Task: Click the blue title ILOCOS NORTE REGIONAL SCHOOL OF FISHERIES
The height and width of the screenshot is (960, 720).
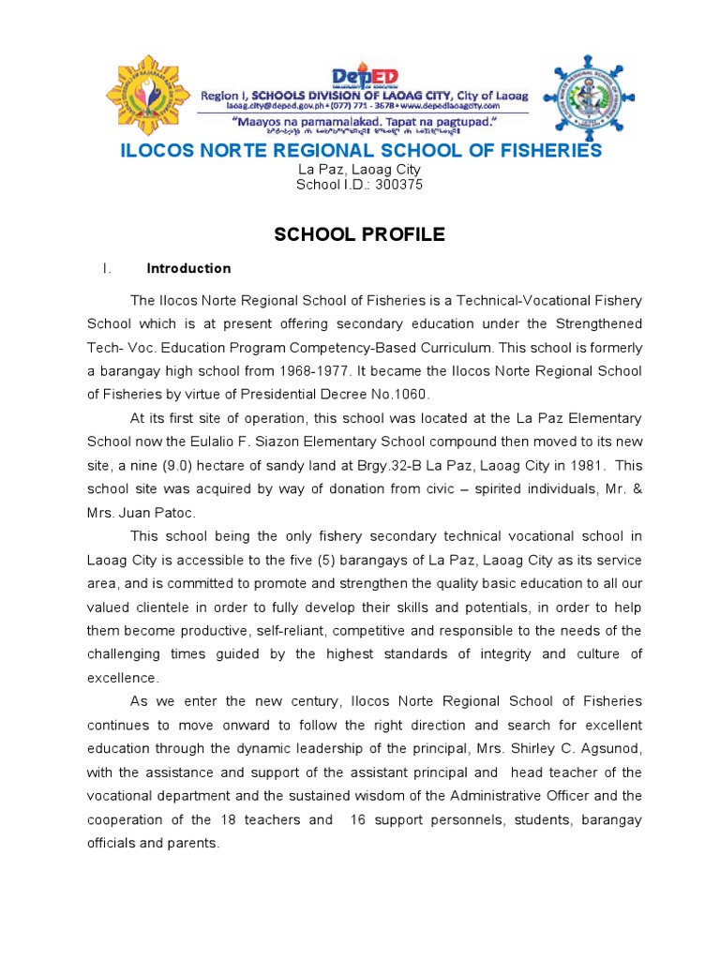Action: pyautogui.click(x=361, y=151)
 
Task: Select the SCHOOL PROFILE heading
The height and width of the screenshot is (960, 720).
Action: pyautogui.click(x=359, y=234)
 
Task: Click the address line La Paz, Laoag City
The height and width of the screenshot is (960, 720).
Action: pyautogui.click(x=359, y=170)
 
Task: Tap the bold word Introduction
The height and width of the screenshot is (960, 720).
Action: pyautogui.click(x=188, y=268)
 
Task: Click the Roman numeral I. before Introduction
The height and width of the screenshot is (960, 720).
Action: pyautogui.click(x=107, y=268)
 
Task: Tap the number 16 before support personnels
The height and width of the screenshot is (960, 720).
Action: pyautogui.click(x=358, y=819)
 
